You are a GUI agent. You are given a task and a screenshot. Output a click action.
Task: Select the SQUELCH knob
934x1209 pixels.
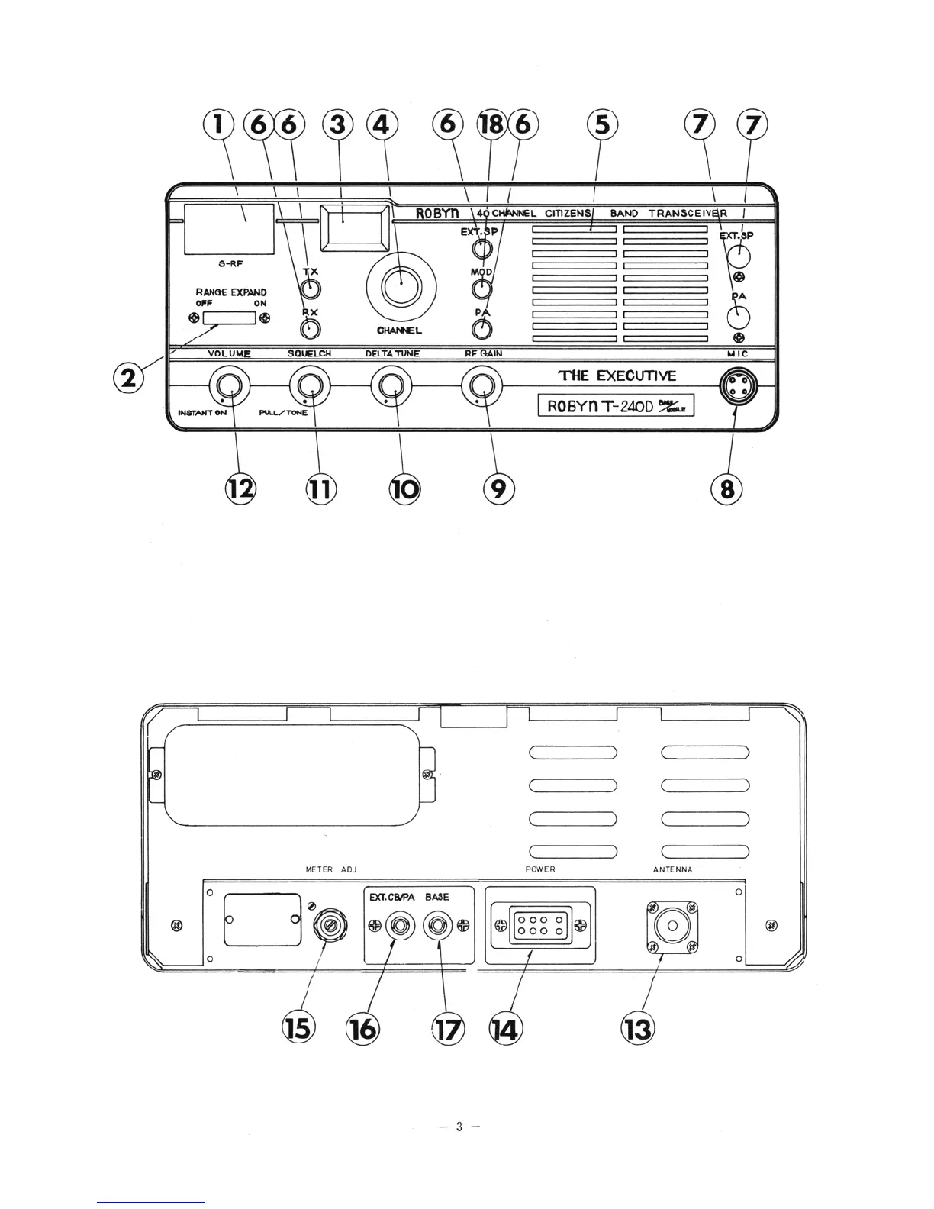[x=310, y=387]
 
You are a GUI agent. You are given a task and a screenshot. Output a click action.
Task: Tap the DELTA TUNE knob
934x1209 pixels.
[x=392, y=387]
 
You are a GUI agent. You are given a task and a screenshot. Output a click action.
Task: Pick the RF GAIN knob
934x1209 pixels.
[x=482, y=387]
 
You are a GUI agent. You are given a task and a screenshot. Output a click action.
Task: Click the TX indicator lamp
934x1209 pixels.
[x=310, y=289]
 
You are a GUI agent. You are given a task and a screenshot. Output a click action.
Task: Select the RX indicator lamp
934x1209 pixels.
[x=309, y=329]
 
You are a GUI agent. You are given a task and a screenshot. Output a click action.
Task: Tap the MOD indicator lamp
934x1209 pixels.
[x=481, y=289]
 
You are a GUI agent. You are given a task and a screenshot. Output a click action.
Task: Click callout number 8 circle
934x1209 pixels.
[x=726, y=488]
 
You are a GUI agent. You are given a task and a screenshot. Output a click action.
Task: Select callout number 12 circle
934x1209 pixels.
[x=240, y=488]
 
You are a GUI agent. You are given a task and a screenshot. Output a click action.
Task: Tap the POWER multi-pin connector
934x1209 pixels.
[x=539, y=925]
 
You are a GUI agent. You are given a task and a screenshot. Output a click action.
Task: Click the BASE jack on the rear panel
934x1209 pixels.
[x=438, y=926]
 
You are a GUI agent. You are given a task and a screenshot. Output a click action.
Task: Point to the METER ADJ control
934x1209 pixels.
[x=326, y=924]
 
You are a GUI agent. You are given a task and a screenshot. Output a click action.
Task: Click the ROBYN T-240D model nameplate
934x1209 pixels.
[x=616, y=405]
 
